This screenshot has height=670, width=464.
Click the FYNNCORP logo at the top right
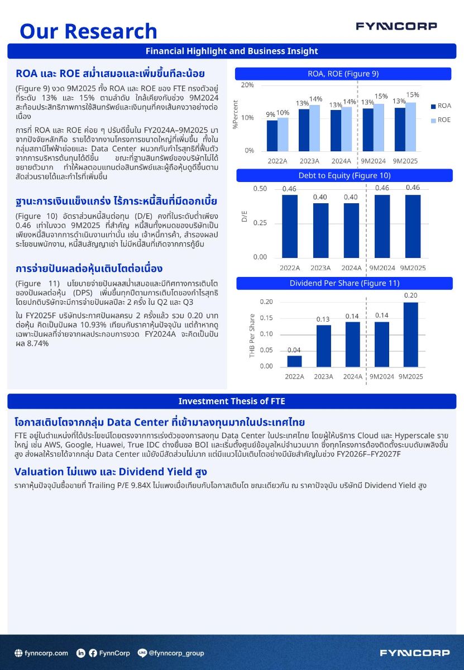coord(396,26)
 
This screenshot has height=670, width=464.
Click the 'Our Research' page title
coord(88,31)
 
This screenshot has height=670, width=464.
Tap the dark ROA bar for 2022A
coord(271,135)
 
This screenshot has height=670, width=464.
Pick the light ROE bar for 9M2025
coord(410,126)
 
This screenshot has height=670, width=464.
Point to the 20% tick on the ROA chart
coord(247,85)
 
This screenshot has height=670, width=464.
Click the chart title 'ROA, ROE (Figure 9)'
coord(343,74)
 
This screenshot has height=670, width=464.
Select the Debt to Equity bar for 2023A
coord(320,229)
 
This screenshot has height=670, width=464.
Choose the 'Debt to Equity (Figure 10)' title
coord(343,175)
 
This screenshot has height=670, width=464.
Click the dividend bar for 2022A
coord(294,361)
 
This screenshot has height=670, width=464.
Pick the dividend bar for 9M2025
coord(410,334)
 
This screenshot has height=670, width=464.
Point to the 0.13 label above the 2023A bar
coord(323,319)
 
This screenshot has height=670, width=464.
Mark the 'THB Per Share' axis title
coord(252,336)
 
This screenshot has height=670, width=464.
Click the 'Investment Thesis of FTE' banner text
coord(232,401)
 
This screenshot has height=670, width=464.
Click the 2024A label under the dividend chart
coord(352,376)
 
